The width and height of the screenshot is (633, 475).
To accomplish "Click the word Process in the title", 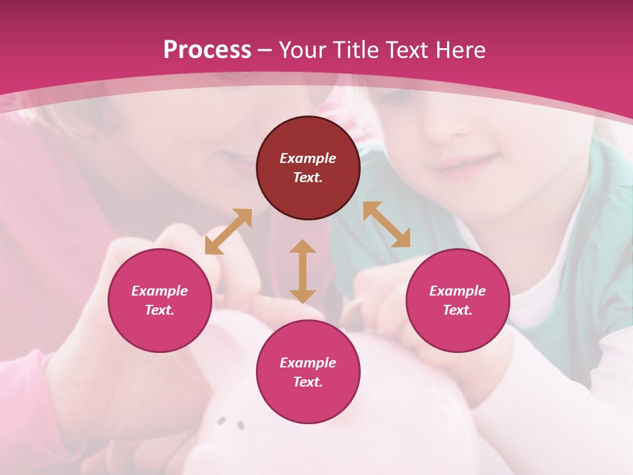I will (x=207, y=49).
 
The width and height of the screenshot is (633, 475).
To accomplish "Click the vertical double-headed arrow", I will (x=303, y=271).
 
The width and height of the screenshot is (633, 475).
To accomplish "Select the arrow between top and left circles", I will (x=228, y=232).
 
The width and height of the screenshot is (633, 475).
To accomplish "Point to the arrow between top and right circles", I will (x=387, y=224).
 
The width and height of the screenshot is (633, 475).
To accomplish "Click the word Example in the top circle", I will (x=308, y=158).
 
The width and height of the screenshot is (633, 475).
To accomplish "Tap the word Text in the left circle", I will (x=160, y=310).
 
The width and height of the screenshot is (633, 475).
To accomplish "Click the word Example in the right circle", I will (x=458, y=291).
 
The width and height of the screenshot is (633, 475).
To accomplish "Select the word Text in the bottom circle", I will (x=308, y=382).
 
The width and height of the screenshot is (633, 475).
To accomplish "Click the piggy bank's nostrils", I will (x=231, y=423).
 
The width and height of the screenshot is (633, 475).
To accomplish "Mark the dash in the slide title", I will (x=265, y=50).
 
